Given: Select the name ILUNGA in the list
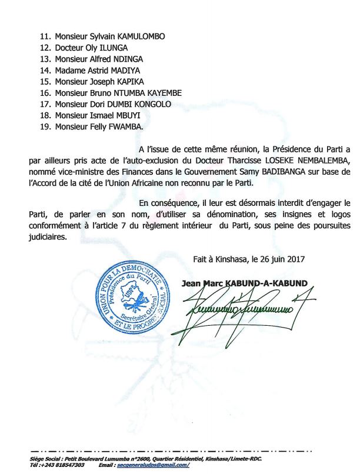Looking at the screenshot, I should coord(111,48).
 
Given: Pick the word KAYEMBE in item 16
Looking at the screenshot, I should coord(155,93).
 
